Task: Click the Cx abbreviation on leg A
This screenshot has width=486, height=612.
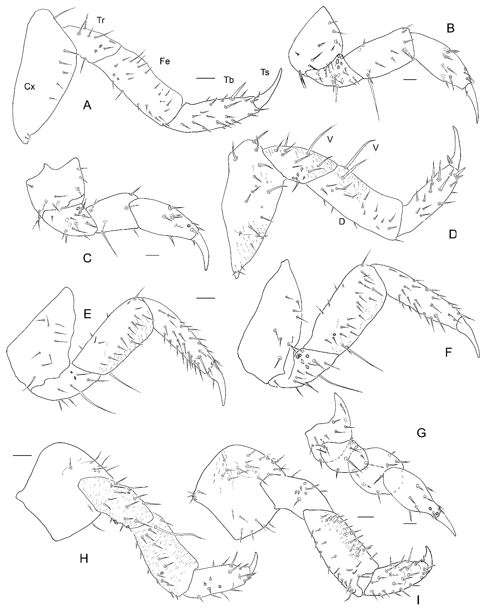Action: point(30,87)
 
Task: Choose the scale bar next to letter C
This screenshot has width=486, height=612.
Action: point(152,255)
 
